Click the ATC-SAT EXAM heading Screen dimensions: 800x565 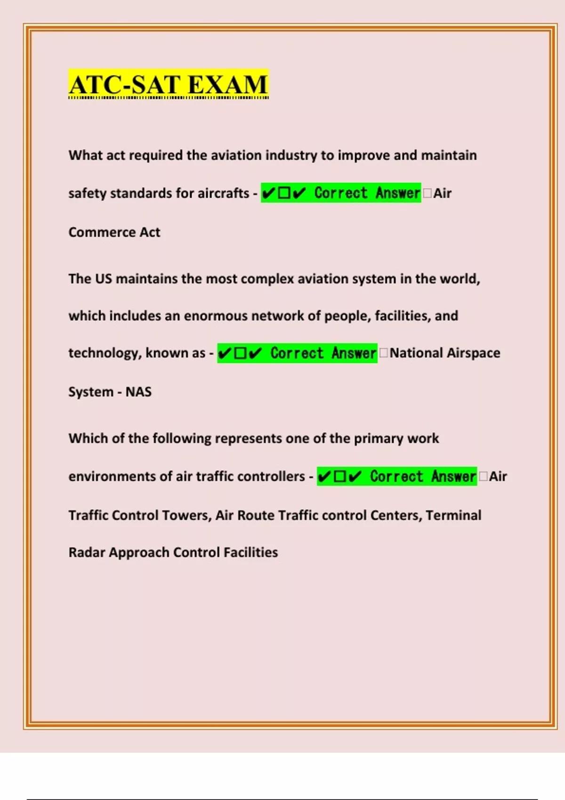tap(168, 85)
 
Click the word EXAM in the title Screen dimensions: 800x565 tap(227, 85)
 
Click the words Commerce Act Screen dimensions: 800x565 tap(114, 232)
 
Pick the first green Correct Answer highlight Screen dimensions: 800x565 tap(341, 193)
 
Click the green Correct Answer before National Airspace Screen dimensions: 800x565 tap(297, 353)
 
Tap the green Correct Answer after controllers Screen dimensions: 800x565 tap(397, 476)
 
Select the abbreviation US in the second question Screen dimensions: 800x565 tap(104, 279)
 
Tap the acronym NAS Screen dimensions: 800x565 tap(138, 392)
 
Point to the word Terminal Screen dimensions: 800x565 tap(453, 515)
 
